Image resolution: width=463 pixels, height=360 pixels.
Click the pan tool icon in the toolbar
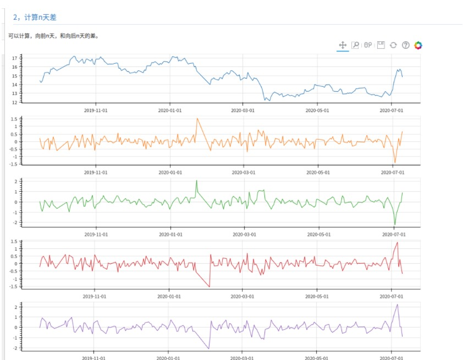tap(343, 45)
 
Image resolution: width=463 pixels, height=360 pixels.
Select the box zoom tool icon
tap(355, 45)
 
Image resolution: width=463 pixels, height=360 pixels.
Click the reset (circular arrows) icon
tap(393, 45)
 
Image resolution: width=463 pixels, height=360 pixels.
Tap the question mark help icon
tap(406, 45)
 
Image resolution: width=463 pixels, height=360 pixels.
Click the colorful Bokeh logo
tap(418, 45)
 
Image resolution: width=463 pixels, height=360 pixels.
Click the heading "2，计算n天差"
tap(35, 18)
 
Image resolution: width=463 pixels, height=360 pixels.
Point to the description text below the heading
tap(53, 36)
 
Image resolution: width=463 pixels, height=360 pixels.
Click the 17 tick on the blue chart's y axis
tap(29, 58)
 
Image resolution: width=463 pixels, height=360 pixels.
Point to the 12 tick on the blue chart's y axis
tap(29, 102)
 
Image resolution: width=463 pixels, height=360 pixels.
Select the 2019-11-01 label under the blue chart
tap(96, 110)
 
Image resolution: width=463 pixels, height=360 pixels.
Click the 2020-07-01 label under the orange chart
tap(391, 172)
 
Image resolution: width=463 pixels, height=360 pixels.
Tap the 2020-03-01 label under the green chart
tap(242, 234)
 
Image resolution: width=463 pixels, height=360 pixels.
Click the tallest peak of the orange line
tap(197, 119)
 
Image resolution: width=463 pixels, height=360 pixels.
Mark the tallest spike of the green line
tap(196, 181)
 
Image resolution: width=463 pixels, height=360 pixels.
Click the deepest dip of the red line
tap(209, 286)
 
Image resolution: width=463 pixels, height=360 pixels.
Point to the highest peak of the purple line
tap(397, 304)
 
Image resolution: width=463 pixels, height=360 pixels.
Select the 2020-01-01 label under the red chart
tap(170, 296)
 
